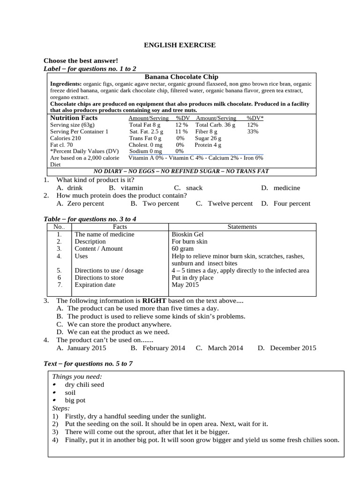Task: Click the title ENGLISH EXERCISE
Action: point(180,45)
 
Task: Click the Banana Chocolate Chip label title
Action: point(181,76)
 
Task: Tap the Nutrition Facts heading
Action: point(74,118)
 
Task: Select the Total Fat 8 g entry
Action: point(145,125)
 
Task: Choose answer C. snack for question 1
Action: point(188,187)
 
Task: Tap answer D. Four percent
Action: point(286,203)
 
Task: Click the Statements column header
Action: point(242,227)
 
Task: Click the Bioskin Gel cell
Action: point(187,234)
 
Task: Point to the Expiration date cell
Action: point(95,285)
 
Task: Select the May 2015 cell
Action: point(185,285)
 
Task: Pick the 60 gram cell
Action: point(183,248)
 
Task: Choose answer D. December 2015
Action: point(287,348)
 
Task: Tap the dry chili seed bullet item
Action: point(84,384)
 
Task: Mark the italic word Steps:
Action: point(60,408)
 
